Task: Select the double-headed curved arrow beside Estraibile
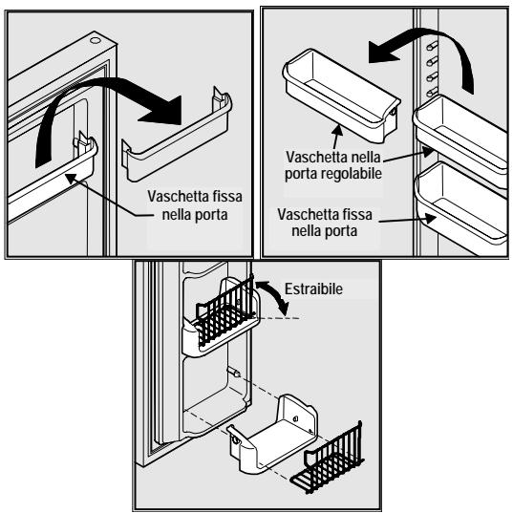click(271, 299)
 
